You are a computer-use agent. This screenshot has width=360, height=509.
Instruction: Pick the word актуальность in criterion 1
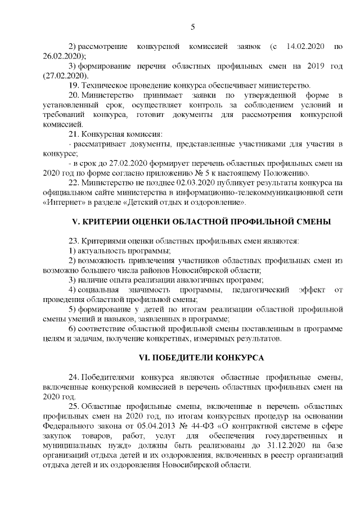click(103, 250)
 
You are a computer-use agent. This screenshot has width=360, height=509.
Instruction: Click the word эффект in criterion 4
click(308, 289)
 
